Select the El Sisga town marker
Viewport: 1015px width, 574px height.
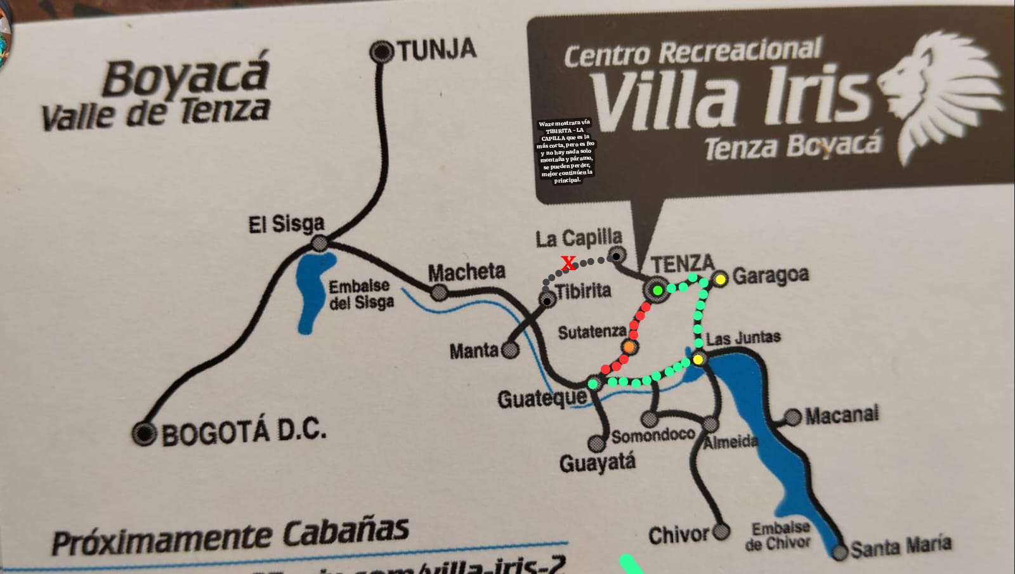click(x=320, y=242)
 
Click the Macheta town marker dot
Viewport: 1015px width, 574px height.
click(x=438, y=292)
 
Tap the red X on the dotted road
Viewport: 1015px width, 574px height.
click(x=569, y=263)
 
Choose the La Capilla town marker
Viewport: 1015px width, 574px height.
click(x=615, y=256)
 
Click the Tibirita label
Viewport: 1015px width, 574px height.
click(x=584, y=291)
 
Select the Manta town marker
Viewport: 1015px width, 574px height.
click(x=509, y=349)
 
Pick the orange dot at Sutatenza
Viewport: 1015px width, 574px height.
click(x=629, y=347)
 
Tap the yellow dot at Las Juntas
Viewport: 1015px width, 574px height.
click(x=698, y=359)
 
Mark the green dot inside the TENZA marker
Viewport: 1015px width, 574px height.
click(x=658, y=290)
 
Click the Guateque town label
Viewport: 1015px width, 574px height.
click(x=542, y=400)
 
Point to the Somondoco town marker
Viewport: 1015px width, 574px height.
click(x=648, y=419)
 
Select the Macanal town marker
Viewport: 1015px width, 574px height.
click(x=793, y=417)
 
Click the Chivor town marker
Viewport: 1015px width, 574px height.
click(x=721, y=531)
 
